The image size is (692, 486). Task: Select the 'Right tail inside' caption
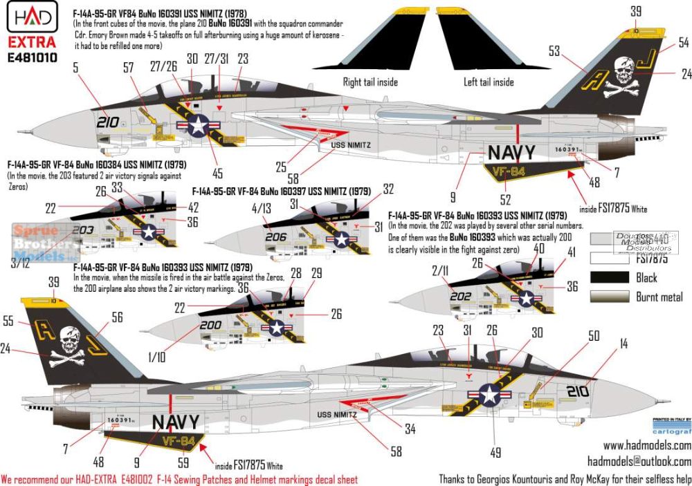click(x=371, y=82)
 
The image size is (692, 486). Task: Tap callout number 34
click(x=410, y=429)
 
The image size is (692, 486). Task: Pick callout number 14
click(x=623, y=342)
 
